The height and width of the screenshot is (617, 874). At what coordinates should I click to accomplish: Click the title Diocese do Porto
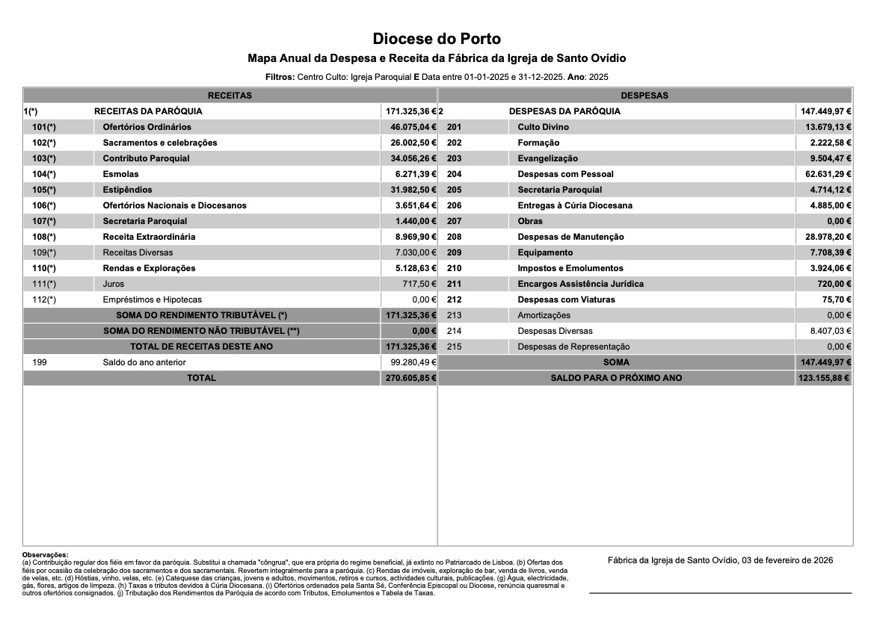(x=437, y=39)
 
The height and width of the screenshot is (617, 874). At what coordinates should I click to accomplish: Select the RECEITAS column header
(x=230, y=96)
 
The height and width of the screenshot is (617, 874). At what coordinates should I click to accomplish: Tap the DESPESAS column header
(x=644, y=96)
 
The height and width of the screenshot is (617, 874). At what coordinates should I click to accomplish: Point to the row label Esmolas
(x=120, y=174)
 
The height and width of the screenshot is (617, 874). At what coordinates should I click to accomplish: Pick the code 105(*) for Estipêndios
(x=44, y=190)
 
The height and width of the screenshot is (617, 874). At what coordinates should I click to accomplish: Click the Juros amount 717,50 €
(x=419, y=284)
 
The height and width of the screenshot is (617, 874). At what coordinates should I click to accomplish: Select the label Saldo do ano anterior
(x=144, y=362)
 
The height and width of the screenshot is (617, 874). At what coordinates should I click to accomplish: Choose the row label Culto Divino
(x=543, y=127)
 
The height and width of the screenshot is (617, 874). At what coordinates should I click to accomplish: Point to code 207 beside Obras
(x=454, y=221)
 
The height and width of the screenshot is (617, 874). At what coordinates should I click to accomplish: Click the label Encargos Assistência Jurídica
(x=580, y=284)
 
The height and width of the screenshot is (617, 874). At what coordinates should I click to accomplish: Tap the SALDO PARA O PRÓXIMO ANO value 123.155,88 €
(x=824, y=378)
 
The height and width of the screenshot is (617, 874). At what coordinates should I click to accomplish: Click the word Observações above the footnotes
(x=45, y=555)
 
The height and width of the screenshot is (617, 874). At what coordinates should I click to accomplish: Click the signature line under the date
(x=720, y=593)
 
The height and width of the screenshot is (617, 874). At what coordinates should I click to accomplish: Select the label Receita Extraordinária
(x=149, y=237)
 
